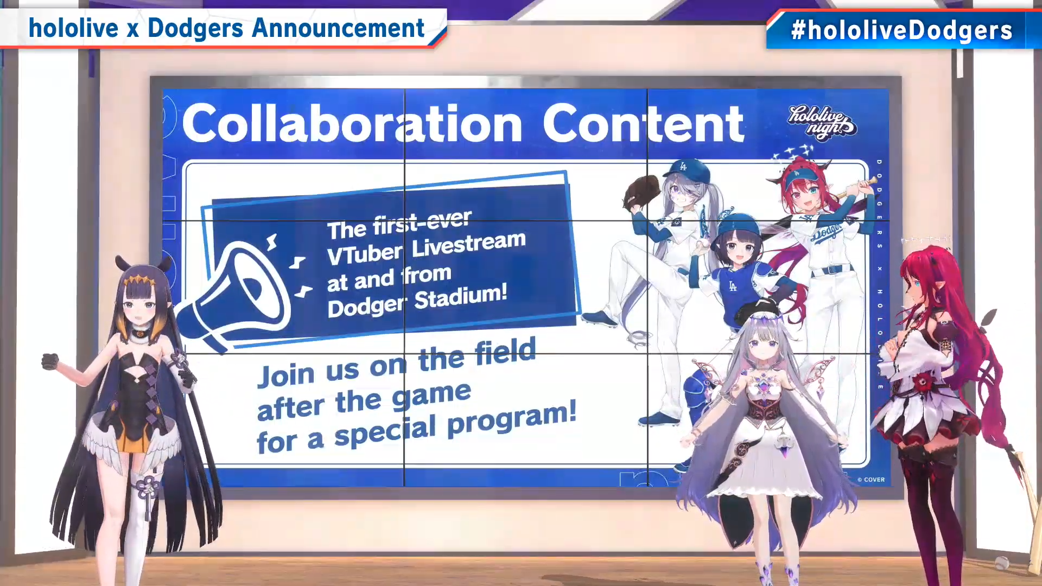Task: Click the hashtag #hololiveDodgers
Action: point(901,30)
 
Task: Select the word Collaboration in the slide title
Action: point(352,124)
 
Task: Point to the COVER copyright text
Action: point(871,480)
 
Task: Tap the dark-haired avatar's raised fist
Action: point(50,361)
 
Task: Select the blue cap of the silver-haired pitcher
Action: point(684,171)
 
